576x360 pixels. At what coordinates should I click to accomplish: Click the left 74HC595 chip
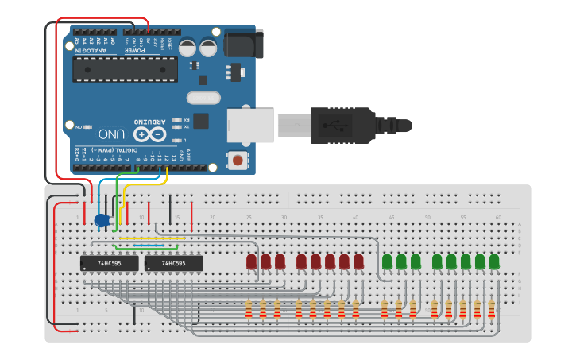coord(109,263)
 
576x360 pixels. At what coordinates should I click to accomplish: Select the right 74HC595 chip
coord(173,263)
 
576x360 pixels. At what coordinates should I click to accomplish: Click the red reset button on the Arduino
coord(237,161)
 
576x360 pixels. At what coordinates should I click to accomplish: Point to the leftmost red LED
coord(251,261)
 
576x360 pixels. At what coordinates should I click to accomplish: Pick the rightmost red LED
coord(358,261)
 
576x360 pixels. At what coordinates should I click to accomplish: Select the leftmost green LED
coord(387,261)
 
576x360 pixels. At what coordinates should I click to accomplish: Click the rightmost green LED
coord(494,261)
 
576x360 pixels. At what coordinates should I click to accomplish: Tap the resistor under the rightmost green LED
coord(491,309)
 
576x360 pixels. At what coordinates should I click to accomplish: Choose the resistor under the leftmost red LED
coord(249,309)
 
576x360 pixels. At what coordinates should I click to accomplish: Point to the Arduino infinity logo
coord(149,134)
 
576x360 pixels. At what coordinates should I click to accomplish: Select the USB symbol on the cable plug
coord(331,124)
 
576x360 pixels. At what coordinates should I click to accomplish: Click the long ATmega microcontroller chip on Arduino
coord(125,68)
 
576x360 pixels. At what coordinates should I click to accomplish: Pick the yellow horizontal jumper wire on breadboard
coord(152,237)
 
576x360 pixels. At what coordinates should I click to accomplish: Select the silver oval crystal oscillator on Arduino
coord(203,98)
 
